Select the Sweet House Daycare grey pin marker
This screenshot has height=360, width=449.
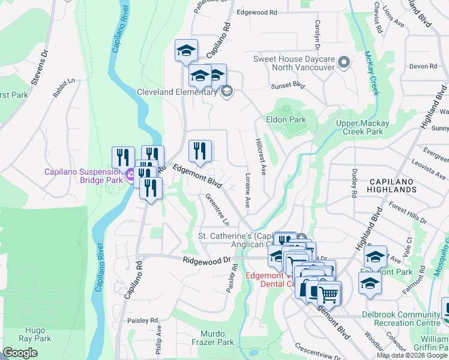(x=344, y=62)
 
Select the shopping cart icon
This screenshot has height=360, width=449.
(x=328, y=294)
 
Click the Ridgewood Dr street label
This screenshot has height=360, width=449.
(x=206, y=260)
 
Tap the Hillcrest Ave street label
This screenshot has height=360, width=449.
(x=261, y=157)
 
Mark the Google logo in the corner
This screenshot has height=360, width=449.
(x=20, y=353)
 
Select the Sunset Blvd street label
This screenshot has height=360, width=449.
(x=288, y=86)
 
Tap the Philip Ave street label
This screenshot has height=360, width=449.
(x=158, y=338)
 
